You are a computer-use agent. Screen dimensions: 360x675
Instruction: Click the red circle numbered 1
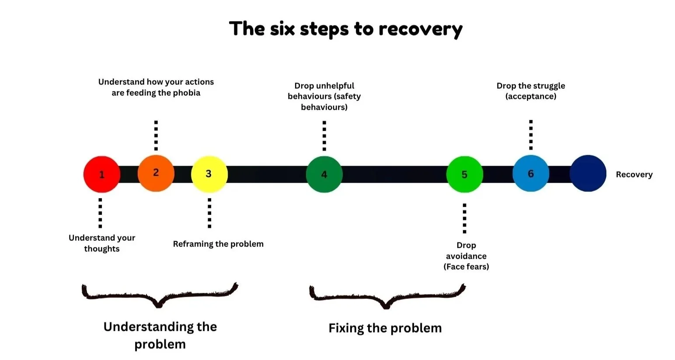[101, 174]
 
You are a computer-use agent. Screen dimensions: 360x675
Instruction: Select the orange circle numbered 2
[156, 173]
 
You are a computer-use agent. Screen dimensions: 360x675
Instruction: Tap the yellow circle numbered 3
[209, 174]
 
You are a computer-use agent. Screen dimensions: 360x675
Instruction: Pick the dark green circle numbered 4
[324, 174]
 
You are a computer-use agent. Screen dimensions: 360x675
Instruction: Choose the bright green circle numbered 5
[464, 174]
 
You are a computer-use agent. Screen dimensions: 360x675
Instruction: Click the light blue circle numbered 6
[530, 173]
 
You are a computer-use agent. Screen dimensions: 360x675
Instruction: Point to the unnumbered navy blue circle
[588, 173]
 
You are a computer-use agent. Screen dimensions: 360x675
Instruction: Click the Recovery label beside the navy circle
[634, 174]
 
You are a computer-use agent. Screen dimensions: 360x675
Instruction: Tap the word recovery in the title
[420, 29]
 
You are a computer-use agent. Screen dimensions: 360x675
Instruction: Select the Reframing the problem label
[218, 244]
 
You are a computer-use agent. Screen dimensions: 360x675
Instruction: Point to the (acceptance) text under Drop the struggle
[531, 96]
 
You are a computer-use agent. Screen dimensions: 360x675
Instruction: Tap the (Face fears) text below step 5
[466, 267]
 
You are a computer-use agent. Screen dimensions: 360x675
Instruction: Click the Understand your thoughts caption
[102, 243]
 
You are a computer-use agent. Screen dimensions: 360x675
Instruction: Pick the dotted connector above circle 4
[324, 136]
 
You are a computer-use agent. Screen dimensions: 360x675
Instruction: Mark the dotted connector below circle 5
[464, 218]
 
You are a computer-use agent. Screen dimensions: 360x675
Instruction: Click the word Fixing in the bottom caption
[346, 328]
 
